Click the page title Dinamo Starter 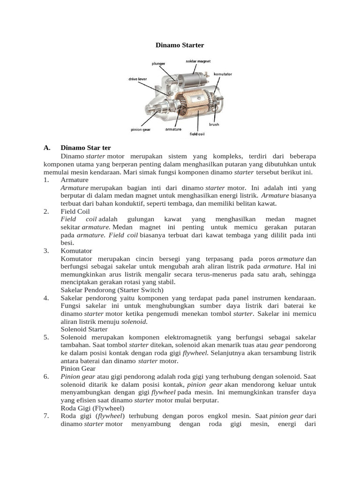[x=180, y=45]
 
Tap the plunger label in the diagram [x=158, y=63]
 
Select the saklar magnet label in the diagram [x=198, y=61]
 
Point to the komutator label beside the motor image [x=223, y=74]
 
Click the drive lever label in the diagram [x=137, y=79]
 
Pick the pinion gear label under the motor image [x=140, y=129]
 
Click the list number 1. [x=46, y=180]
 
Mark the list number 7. [x=46, y=416]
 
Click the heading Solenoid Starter [x=84, y=329]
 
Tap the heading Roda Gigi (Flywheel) [x=92, y=408]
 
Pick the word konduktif [x=134, y=203]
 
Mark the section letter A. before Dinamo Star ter [x=47, y=148]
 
